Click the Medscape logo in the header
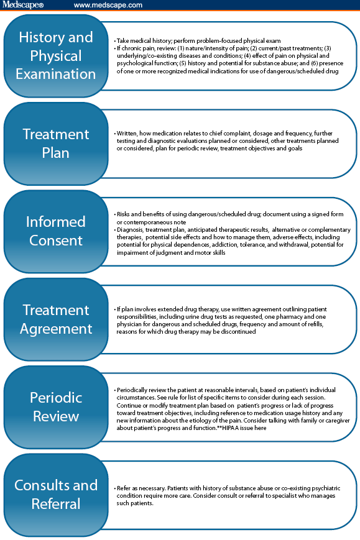pos(23,5)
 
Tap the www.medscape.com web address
pos(108,5)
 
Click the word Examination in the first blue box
pos(56,74)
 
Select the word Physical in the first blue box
pos(56,56)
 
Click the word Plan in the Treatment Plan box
pos(56,153)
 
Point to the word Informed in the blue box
pos(56,222)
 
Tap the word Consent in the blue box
pos(56,240)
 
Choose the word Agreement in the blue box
pos(56,329)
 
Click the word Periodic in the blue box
pos(56,398)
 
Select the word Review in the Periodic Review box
pos(56,416)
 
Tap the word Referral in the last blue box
pos(56,504)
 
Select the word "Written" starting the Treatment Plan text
pos(126,133)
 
